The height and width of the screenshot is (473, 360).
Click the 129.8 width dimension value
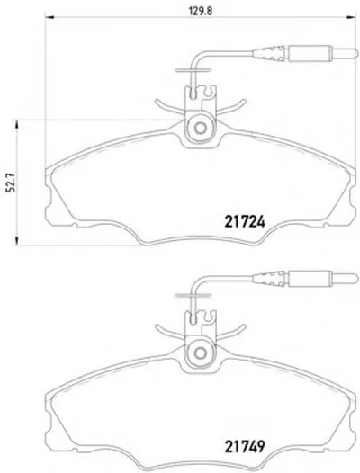(201, 11)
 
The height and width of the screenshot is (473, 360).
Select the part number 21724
(245, 222)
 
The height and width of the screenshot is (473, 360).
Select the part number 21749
(245, 446)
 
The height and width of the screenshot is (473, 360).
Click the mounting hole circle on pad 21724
(200, 128)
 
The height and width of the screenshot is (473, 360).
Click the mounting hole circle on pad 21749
(200, 353)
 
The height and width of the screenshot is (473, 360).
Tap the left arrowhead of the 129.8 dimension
(49, 17)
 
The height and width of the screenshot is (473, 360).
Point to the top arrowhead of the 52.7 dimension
(17, 125)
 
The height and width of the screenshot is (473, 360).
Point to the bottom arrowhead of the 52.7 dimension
(17, 240)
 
